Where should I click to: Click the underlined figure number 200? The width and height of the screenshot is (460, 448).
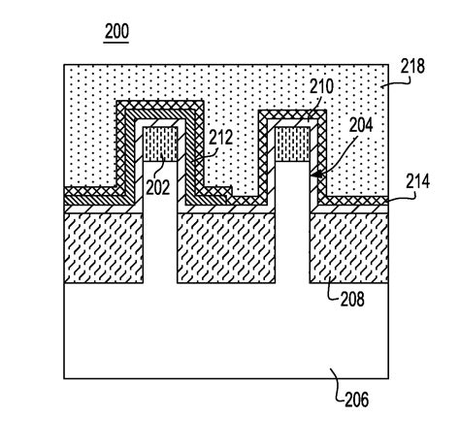(x=116, y=31)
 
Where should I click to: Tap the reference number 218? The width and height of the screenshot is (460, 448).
(x=412, y=66)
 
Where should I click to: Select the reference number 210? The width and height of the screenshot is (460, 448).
(x=321, y=86)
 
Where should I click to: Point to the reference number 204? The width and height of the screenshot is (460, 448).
(x=361, y=125)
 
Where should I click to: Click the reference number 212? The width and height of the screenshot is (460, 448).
(x=220, y=138)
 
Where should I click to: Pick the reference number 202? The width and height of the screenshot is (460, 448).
(x=157, y=187)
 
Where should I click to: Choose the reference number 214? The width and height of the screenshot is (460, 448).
(x=417, y=181)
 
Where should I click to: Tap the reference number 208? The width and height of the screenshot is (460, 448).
(x=352, y=299)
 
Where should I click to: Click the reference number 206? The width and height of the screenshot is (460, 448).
(x=356, y=400)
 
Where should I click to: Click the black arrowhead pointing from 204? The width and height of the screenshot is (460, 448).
(x=317, y=175)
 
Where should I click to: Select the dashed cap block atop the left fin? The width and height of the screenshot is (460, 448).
(x=160, y=144)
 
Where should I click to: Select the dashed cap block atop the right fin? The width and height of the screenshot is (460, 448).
(x=292, y=144)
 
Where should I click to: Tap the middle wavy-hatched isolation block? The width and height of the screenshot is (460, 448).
(x=226, y=248)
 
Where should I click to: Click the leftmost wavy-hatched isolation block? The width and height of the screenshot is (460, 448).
(x=104, y=248)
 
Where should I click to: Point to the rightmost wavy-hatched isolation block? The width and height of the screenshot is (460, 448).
(x=349, y=248)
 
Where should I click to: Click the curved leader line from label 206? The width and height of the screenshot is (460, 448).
(x=337, y=385)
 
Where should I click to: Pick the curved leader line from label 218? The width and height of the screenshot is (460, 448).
(x=397, y=82)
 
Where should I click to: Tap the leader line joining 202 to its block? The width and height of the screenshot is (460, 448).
(x=162, y=170)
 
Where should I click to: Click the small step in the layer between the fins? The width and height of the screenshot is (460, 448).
(x=231, y=191)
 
